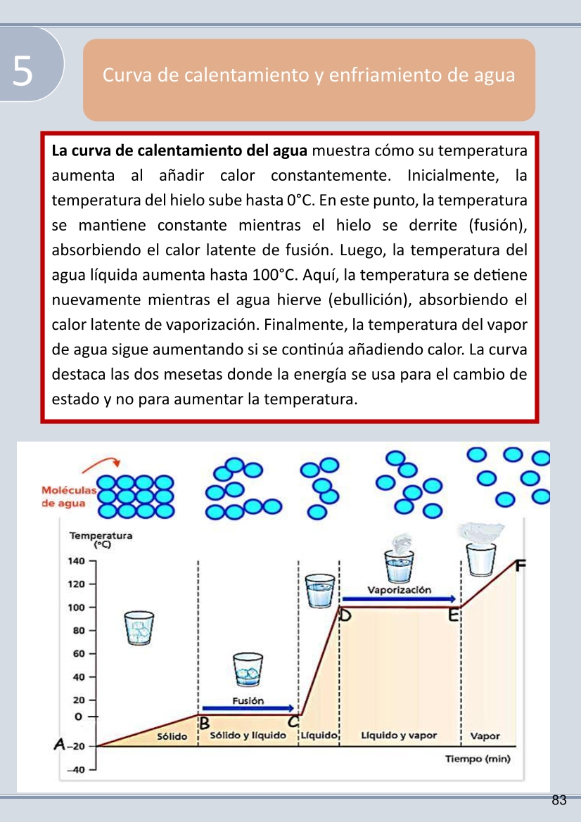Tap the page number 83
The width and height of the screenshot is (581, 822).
coord(559,800)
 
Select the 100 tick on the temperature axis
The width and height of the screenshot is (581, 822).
coord(76,608)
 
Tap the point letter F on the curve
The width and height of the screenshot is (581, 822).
coord(521,565)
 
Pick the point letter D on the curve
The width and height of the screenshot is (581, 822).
coord(345,617)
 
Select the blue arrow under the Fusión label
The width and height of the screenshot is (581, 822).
coord(248,708)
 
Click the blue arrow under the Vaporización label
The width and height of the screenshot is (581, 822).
coord(400,598)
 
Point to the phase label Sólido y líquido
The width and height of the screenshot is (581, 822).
coord(248,736)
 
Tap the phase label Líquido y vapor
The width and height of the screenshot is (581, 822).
coord(399,736)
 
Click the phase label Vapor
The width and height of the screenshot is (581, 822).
coord(485,736)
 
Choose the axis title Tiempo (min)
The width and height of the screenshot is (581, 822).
coord(478,759)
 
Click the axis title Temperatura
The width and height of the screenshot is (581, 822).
coord(101,536)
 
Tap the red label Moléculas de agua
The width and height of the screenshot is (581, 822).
coord(64,496)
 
